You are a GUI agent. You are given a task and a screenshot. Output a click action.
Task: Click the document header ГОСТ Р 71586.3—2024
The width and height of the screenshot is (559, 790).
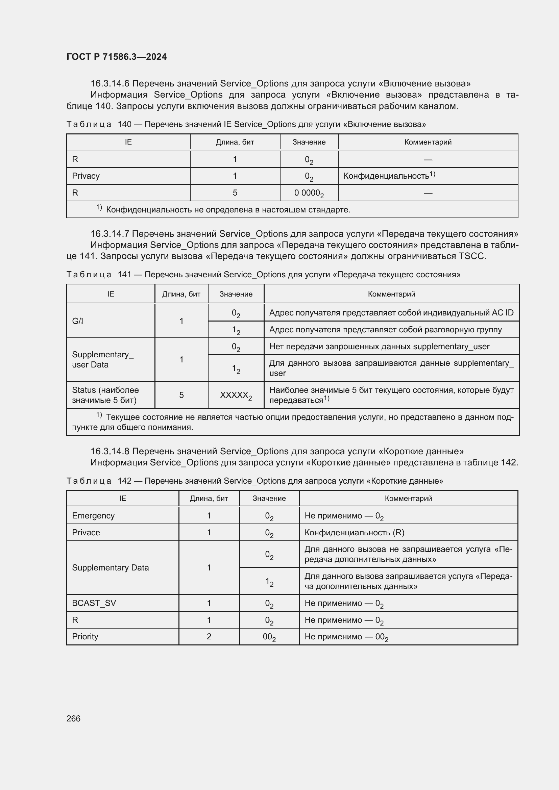(x=116, y=57)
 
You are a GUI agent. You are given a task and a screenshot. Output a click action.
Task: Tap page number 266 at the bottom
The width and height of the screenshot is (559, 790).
(x=73, y=718)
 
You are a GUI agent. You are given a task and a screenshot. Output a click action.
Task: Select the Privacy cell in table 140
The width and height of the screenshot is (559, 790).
(x=86, y=176)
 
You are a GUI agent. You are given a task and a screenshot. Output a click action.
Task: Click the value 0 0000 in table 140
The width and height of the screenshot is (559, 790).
(x=309, y=193)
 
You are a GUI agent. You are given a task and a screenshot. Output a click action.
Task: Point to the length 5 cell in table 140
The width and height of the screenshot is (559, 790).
(x=235, y=193)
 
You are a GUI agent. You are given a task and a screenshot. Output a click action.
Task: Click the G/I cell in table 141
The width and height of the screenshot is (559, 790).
(x=77, y=321)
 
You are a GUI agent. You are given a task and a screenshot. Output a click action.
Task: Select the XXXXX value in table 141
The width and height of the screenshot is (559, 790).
(x=236, y=395)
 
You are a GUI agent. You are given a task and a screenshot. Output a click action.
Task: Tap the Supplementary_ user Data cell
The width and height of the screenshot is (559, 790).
(x=103, y=360)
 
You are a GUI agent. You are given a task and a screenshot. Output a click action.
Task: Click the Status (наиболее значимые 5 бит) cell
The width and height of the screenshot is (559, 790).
(x=105, y=395)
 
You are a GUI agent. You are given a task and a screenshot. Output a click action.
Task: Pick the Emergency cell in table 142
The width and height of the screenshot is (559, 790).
(x=93, y=515)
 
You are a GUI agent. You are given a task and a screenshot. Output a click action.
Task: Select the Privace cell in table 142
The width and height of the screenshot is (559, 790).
(x=86, y=532)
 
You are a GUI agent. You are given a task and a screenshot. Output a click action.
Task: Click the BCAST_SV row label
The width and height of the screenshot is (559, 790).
(x=94, y=603)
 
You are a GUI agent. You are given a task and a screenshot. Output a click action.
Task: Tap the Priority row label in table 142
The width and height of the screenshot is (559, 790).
(x=85, y=636)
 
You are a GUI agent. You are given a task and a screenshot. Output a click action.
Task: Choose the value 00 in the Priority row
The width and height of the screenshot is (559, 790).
(x=269, y=637)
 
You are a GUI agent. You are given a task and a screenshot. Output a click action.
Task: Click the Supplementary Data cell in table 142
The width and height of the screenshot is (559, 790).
(x=110, y=567)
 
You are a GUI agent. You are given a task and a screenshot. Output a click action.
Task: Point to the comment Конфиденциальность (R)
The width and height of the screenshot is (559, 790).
(x=354, y=532)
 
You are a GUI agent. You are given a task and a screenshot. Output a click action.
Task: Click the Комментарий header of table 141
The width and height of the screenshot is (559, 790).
(x=391, y=294)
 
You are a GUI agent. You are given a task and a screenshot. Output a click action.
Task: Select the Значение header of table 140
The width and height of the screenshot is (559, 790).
(x=309, y=142)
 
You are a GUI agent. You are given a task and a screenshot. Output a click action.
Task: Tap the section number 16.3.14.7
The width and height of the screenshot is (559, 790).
(x=110, y=234)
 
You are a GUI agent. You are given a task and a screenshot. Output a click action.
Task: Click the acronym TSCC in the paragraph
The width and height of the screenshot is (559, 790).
(x=471, y=256)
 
